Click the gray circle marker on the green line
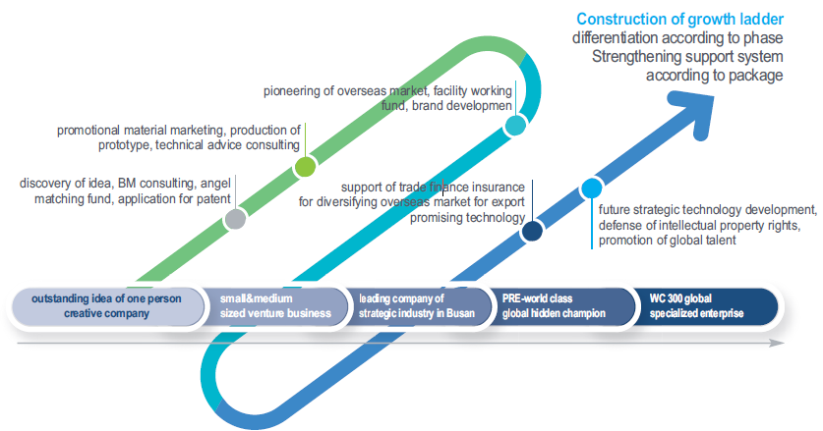[x=235, y=219]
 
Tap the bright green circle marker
[x=305, y=167]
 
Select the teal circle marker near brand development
[x=515, y=126]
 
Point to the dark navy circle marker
[x=532, y=231]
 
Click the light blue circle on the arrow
[x=592, y=189]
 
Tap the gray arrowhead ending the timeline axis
[x=778, y=343]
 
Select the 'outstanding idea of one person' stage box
[x=106, y=306]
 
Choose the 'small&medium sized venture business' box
[x=274, y=306]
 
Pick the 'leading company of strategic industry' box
[x=416, y=306]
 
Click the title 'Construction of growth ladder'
[x=679, y=20]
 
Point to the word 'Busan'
[x=460, y=313]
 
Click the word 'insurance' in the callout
[x=499, y=188]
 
